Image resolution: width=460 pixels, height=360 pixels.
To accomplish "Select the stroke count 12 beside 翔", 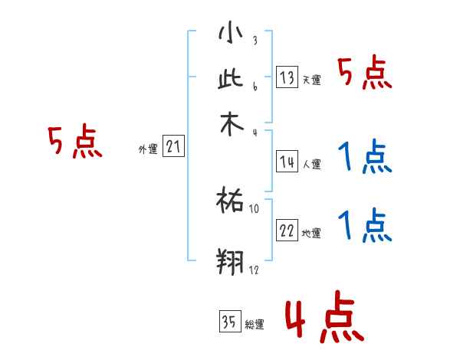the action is click(255, 270).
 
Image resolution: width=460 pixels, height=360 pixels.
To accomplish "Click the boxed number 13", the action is click(287, 77).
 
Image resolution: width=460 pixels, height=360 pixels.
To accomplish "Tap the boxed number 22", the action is click(287, 230).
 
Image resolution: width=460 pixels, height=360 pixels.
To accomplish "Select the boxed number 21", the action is click(173, 146).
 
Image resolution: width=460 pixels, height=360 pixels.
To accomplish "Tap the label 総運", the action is click(255, 325).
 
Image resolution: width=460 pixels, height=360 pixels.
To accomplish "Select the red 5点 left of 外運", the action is click(74, 142).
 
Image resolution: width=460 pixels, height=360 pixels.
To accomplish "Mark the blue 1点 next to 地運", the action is click(365, 226).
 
